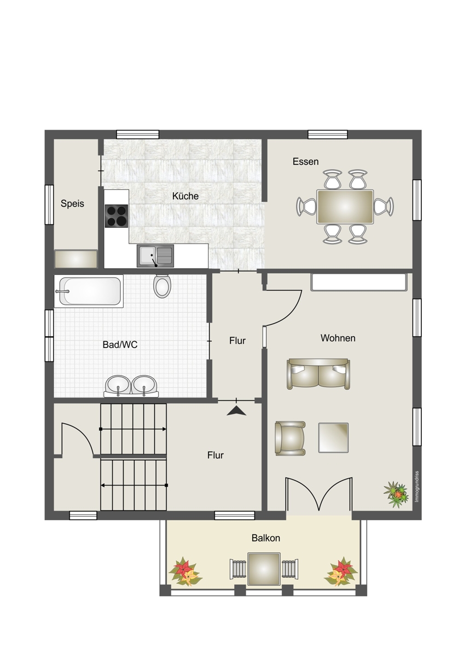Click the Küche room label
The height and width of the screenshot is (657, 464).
click(x=185, y=196)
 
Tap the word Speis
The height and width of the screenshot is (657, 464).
click(x=72, y=204)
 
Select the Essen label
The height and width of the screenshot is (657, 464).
click(x=305, y=162)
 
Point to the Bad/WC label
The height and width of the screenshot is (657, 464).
click(x=120, y=344)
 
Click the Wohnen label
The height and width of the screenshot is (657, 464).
click(x=338, y=338)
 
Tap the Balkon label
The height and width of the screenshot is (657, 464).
click(x=266, y=538)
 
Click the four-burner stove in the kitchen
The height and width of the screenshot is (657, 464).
click(x=117, y=216)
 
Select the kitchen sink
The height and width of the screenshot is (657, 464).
click(x=155, y=256)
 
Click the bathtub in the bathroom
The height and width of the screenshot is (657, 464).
click(x=89, y=291)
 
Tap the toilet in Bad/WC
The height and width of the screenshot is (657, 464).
click(x=162, y=286)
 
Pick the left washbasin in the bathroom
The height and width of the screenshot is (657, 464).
click(x=118, y=386)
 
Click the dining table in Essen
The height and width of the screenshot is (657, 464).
click(x=345, y=207)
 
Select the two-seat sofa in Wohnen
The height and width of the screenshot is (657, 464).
click(x=318, y=374)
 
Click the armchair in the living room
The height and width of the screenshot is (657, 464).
click(x=290, y=438)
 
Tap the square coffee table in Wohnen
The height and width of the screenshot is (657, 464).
click(x=333, y=437)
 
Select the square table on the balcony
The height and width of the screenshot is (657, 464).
click(x=264, y=569)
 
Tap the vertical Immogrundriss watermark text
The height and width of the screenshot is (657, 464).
click(x=417, y=487)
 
